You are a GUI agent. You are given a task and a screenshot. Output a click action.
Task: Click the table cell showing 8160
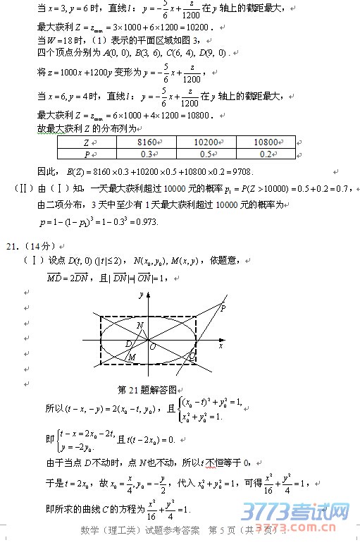[x=147, y=142]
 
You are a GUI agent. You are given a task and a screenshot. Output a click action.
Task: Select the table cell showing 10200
[x=205, y=142]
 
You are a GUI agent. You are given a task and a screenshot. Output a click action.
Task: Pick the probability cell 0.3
[x=147, y=154]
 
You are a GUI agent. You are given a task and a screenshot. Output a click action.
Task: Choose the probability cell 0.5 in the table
[x=205, y=154]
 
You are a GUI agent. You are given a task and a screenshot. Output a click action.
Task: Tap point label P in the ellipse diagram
[x=223, y=308]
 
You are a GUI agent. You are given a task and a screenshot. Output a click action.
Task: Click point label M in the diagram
[x=132, y=357]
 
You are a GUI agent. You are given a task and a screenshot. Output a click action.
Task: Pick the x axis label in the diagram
[x=220, y=345]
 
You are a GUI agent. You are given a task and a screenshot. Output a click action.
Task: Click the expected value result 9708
[x=240, y=171]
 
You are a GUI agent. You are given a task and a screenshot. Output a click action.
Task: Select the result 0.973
[x=147, y=222]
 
